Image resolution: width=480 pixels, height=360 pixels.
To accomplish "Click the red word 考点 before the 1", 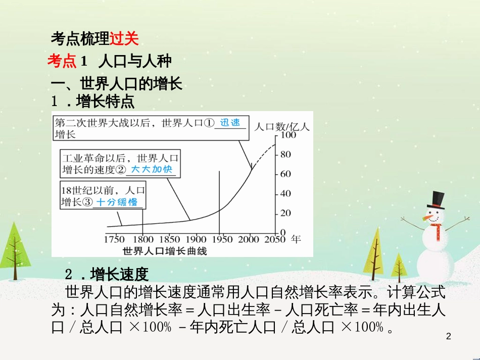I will click(x=62, y=61).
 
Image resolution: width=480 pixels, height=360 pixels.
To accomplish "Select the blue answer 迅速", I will click(x=230, y=123).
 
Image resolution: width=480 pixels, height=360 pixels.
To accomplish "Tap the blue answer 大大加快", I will click(x=152, y=170).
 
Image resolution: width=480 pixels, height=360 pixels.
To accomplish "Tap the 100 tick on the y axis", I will click(x=289, y=135).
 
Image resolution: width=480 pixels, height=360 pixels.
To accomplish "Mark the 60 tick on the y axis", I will click(x=286, y=174).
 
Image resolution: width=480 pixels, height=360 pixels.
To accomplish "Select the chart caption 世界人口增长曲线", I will click(x=165, y=250).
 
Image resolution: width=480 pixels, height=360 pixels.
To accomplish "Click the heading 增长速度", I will click(x=119, y=274).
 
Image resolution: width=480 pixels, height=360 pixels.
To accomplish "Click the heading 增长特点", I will click(x=105, y=101).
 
